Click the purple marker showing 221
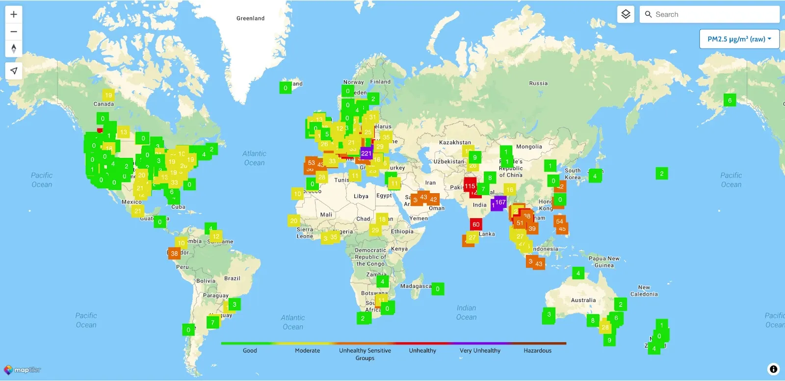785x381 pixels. (366, 153)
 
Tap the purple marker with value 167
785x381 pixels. (499, 202)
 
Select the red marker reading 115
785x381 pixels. (470, 186)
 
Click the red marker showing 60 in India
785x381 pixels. (475, 225)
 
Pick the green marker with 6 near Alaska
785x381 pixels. (730, 101)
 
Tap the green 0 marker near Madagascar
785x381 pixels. (438, 289)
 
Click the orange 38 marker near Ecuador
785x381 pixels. (174, 254)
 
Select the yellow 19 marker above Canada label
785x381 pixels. (108, 95)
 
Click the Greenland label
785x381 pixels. (250, 19)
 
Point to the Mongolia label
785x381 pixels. (529, 147)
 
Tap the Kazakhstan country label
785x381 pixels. (455, 143)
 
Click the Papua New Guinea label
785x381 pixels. (604, 262)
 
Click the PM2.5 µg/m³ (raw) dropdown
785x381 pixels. (739, 39)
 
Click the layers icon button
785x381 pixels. (626, 14)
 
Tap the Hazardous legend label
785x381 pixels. (537, 351)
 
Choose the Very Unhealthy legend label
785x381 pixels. (480, 351)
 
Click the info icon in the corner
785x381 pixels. (773, 369)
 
